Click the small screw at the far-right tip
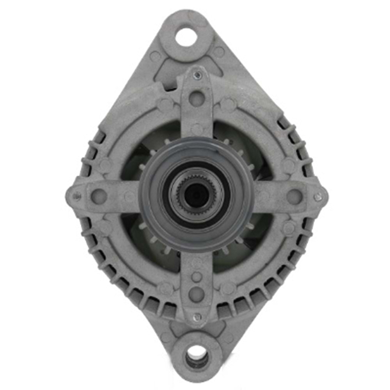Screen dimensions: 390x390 click(319, 197)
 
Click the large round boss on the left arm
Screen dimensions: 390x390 click(99, 196)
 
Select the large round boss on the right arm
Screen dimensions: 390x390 click(294, 197)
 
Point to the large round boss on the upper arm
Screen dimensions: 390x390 click(197, 97)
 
